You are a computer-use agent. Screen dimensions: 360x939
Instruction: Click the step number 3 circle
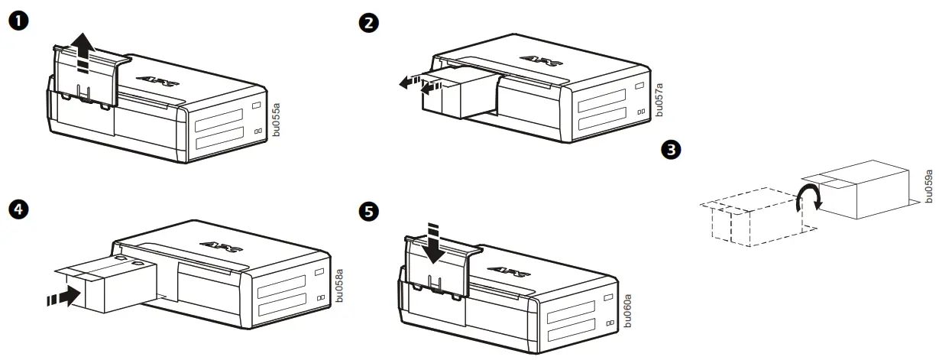[672, 150]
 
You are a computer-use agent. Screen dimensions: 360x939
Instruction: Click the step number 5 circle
[368, 211]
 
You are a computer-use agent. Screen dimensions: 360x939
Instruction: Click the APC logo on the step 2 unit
[539, 58]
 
